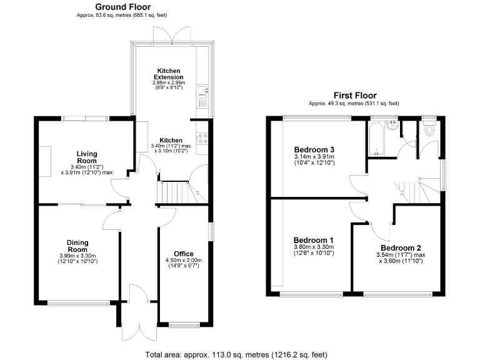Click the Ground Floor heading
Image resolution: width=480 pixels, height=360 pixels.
[x=122, y=7]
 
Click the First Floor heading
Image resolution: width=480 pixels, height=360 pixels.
[x=354, y=95]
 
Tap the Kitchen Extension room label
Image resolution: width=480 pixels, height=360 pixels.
[x=170, y=74]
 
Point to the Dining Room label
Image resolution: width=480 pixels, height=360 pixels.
[x=78, y=246]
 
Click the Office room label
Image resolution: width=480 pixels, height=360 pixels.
[x=184, y=253]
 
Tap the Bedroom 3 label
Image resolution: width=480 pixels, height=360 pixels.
[x=314, y=150]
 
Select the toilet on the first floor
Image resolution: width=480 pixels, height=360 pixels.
[x=429, y=130]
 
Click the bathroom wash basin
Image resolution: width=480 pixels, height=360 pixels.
[x=393, y=123]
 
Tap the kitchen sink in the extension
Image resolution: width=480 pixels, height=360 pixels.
[x=202, y=94]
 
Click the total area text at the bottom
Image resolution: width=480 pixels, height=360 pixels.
[x=236, y=354]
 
